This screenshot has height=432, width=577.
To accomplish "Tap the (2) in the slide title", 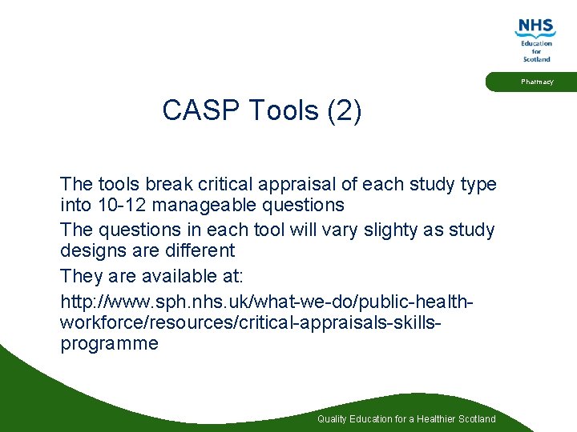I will pyautogui.click(x=345, y=110).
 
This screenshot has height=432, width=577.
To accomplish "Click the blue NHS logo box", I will pyautogui.click(x=535, y=26).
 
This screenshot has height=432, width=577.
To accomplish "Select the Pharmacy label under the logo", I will pyautogui.click(x=536, y=82).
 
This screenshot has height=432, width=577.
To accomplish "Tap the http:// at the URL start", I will pyautogui.click(x=81, y=303).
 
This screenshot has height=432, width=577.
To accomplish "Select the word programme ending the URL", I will pyautogui.click(x=109, y=344).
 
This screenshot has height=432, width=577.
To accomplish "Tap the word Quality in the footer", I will pyautogui.click(x=333, y=419).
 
